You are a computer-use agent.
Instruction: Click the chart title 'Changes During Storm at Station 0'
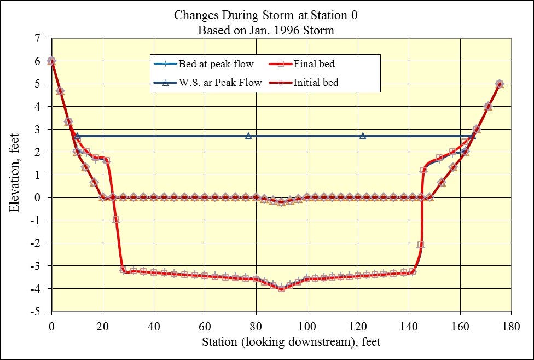pyautogui.click(x=266, y=15)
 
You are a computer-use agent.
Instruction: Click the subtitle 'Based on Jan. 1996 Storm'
pyautogui.click(x=266, y=30)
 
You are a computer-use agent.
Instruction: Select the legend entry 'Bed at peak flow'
pyautogui.click(x=216, y=64)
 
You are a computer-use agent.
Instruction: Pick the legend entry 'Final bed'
pyautogui.click(x=314, y=64)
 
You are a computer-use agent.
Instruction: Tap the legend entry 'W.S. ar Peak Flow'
pyautogui.click(x=220, y=83)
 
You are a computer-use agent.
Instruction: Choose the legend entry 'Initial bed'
pyautogui.click(x=316, y=83)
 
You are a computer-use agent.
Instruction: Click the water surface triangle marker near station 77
pyautogui.click(x=248, y=136)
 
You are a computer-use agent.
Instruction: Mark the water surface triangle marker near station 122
pyautogui.click(x=363, y=136)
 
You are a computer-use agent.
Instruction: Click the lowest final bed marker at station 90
pyautogui.click(x=281, y=288)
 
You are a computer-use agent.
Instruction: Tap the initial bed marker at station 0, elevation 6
pyautogui.click(x=51, y=61)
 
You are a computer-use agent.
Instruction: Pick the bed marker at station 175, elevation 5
pyautogui.click(x=499, y=84)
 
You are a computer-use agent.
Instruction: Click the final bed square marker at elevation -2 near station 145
pyautogui.click(x=421, y=245)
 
